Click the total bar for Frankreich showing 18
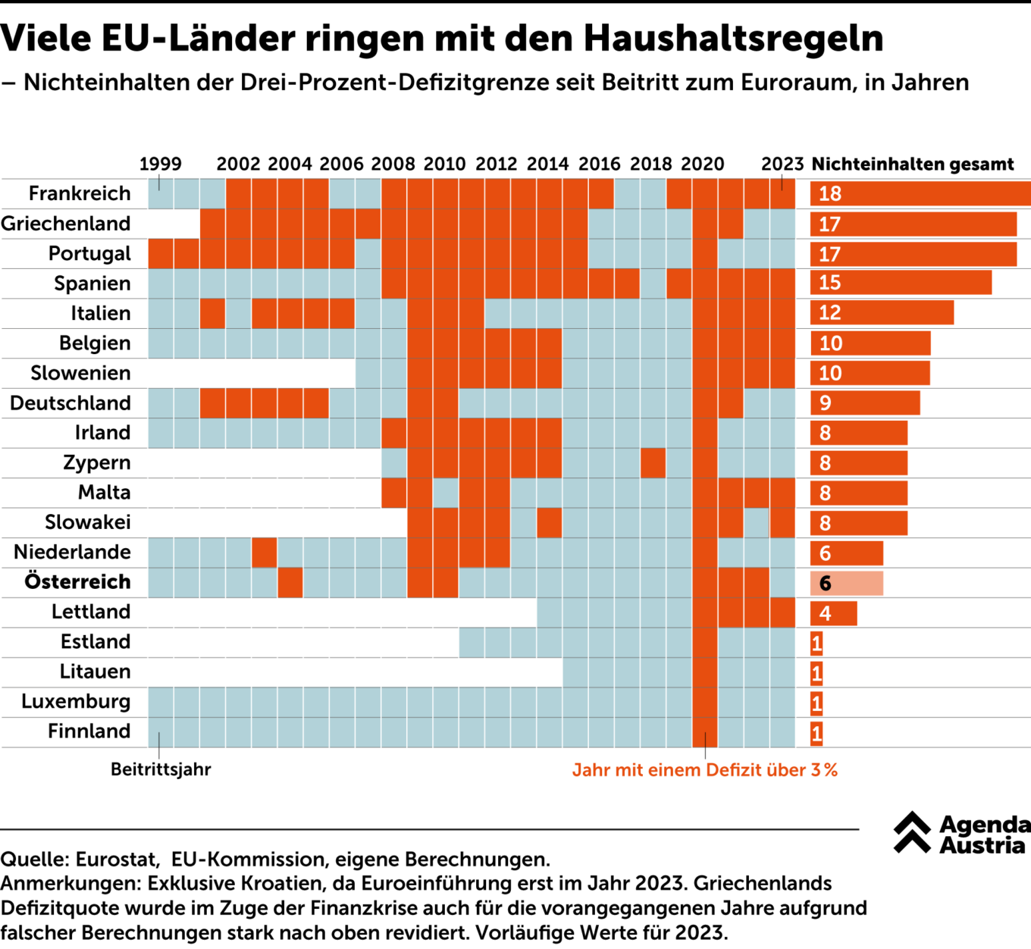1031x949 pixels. point(920,194)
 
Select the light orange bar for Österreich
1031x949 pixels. point(846,583)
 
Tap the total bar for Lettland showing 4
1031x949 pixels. point(833,613)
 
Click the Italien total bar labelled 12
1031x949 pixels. point(882,313)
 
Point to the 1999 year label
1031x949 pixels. point(160,164)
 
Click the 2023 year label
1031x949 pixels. point(782,164)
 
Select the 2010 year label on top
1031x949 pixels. point(444,164)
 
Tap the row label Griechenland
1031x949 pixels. point(66,224)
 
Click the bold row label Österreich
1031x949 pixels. point(77,582)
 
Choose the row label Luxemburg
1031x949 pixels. point(76,702)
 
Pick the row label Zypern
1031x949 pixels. point(96,463)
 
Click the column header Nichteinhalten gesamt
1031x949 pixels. point(913,164)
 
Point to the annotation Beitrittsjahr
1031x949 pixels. point(161,769)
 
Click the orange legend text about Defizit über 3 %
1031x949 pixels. point(704,770)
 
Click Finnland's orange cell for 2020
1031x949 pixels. point(704,732)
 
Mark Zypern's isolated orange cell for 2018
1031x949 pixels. point(653,463)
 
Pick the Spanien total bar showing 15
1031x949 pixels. point(901,283)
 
